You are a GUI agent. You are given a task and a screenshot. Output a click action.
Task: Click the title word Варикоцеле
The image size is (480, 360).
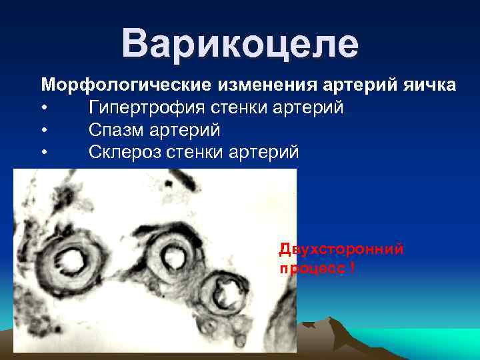pyautogui.click(x=240, y=44)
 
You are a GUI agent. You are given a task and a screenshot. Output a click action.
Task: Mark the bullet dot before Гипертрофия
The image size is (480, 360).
pyautogui.click(x=44, y=108)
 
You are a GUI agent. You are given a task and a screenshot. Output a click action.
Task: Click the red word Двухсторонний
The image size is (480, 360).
pyautogui.click(x=341, y=249)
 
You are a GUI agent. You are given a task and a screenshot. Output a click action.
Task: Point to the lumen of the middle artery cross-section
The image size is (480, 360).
pyautogui.click(x=175, y=254)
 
